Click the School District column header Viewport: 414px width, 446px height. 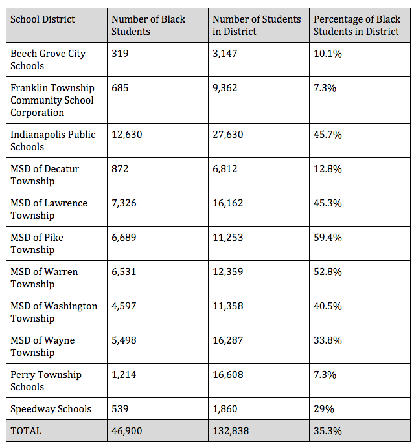(x=43, y=19)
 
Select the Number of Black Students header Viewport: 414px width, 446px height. (x=148, y=25)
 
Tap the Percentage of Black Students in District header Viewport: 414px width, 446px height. (x=357, y=25)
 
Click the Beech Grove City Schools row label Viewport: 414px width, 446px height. (x=48, y=60)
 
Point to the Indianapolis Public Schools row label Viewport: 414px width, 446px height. (x=53, y=140)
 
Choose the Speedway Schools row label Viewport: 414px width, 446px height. (x=51, y=408)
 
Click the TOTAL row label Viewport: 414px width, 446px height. (x=26, y=431)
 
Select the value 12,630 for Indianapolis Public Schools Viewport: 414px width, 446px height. (x=127, y=135)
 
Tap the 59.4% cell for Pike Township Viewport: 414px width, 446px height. (x=328, y=238)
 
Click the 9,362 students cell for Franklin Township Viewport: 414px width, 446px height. (x=225, y=88)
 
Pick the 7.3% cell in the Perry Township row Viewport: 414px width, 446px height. (x=325, y=375)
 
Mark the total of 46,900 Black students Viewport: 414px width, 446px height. (x=127, y=431)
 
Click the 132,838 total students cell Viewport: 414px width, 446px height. (x=231, y=431)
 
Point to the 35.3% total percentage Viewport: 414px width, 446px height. (x=328, y=431)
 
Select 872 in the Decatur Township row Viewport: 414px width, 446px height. (x=120, y=169)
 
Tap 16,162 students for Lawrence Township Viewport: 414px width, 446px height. (x=228, y=203)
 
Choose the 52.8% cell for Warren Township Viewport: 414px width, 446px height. (x=328, y=272)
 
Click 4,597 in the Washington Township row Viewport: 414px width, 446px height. (x=124, y=306)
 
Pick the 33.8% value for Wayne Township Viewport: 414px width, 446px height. (x=328, y=340)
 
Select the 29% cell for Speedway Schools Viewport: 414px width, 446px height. (x=324, y=409)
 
